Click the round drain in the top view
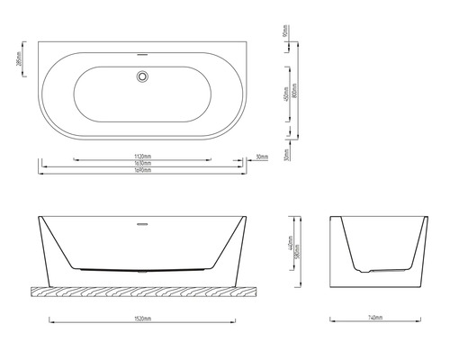(x=141, y=78)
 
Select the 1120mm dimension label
(x=142, y=154)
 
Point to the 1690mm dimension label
(x=142, y=169)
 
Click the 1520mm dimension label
(x=141, y=317)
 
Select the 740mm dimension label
(x=376, y=317)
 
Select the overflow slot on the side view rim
(x=141, y=220)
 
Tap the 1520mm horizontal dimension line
(x=90, y=321)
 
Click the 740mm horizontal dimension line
(x=351, y=321)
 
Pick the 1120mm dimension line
(x=99, y=158)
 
